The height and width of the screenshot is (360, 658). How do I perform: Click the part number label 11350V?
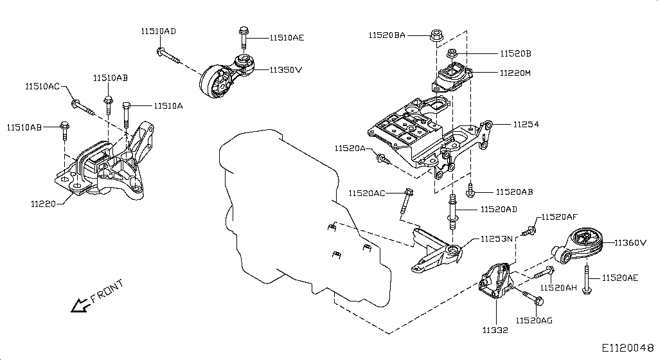coord(285,69)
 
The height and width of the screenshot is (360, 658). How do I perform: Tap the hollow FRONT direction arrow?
coord(80,305)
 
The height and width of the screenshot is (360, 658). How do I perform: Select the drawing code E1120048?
coord(628,348)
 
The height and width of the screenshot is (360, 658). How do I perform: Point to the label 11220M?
coord(515,73)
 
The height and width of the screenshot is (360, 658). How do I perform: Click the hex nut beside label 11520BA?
coord(435,33)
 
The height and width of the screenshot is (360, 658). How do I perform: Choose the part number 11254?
coord(526,123)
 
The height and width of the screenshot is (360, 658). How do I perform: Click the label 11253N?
coord(496,239)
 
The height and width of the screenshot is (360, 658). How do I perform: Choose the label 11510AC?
coord(42,86)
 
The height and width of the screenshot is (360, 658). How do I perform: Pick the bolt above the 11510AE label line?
coord(244,38)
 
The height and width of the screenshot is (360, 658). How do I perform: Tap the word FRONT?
coord(107,291)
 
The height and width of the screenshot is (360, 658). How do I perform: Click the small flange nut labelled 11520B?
coord(452,53)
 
